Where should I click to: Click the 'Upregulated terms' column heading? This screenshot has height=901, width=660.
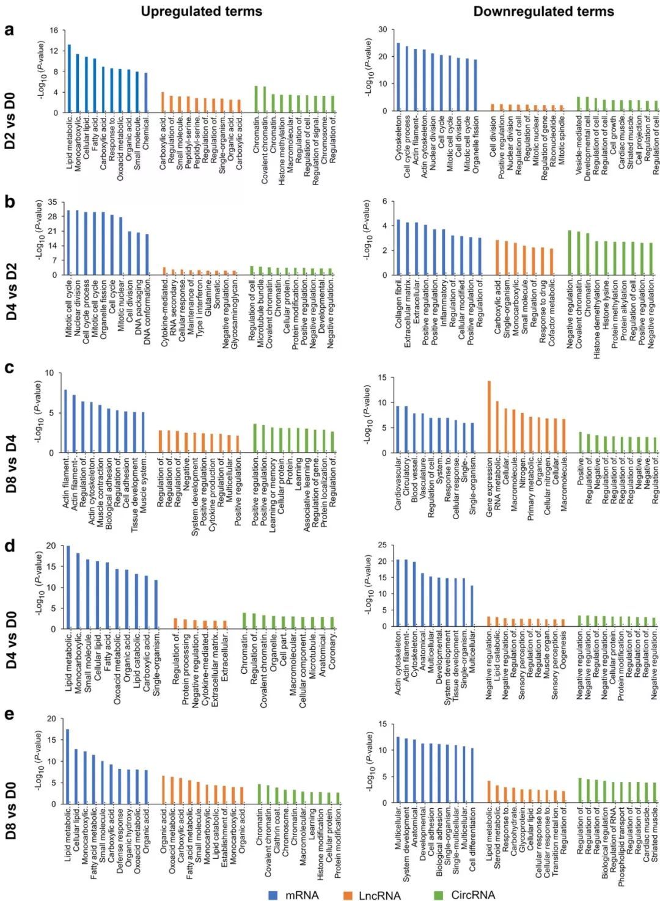pos(201,11)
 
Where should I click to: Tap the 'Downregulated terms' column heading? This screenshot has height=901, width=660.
pos(543,11)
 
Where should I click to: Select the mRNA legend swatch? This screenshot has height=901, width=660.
pos(274,895)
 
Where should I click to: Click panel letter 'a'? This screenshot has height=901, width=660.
pos(9,29)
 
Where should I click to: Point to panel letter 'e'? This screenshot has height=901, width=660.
pos(9,713)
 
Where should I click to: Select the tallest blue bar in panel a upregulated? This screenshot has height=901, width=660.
pos(69,78)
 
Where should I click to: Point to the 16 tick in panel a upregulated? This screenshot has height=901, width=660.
pos(54,31)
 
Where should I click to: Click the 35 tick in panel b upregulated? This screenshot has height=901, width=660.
pos(53,202)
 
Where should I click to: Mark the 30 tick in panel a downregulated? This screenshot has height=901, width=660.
pos(383,29)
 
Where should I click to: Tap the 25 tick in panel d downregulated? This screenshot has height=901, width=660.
pos(383,545)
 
